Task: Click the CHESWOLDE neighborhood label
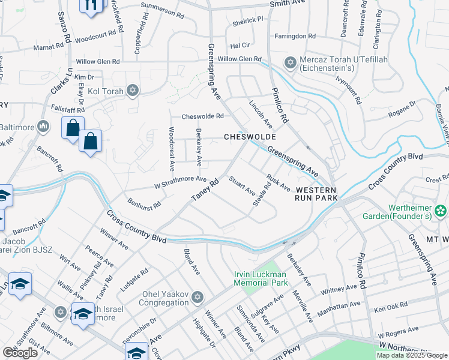point(250,137)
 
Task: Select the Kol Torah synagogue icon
point(133,91)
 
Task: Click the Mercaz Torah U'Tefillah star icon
point(291,63)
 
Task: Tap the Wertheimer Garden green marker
point(441,210)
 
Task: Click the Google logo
point(20,353)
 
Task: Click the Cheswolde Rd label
point(202,116)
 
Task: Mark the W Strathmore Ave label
point(180,179)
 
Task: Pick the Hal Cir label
point(240,45)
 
